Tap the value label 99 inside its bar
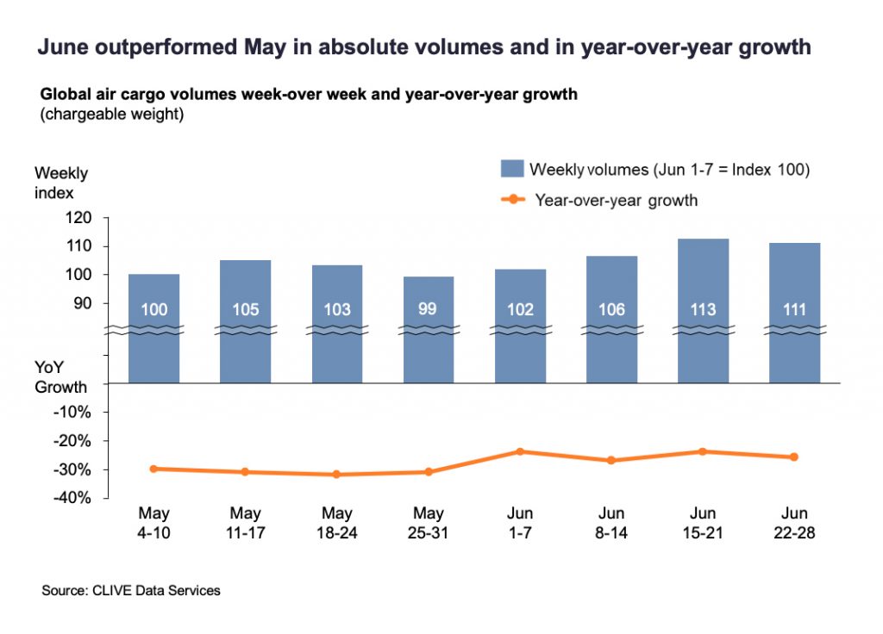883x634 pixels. (x=428, y=308)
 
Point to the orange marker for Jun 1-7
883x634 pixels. (x=520, y=451)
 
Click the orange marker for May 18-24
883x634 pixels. (x=337, y=475)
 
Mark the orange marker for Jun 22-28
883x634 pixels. (x=794, y=457)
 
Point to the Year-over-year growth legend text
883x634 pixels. (x=616, y=201)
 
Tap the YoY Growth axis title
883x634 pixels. (x=60, y=377)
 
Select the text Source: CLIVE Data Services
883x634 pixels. (x=131, y=591)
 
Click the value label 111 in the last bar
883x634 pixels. (x=795, y=309)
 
